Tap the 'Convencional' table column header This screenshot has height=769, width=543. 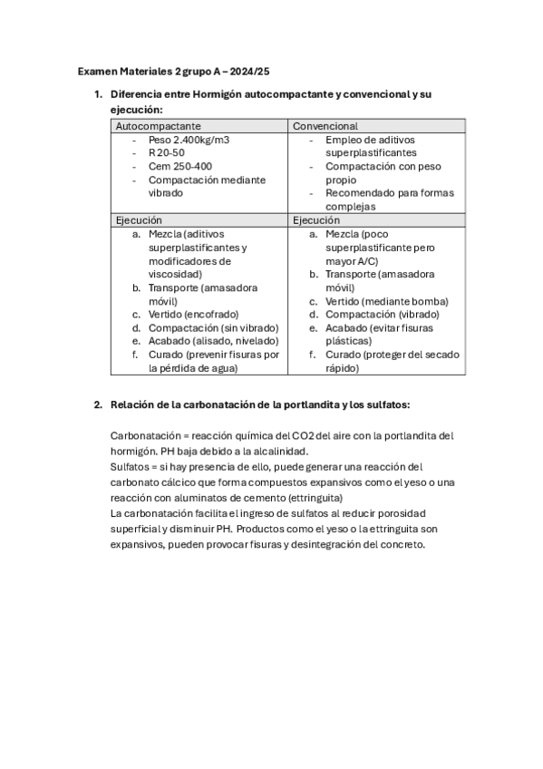coord(325,126)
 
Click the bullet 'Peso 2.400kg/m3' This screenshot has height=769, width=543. coord(189,141)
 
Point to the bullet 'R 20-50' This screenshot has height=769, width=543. coord(166,153)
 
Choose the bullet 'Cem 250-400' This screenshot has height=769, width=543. coord(179,166)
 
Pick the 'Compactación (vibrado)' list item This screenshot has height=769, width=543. coord(379,314)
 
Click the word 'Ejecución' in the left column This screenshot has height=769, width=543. coord(138,219)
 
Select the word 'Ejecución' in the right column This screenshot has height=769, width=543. coord(315,219)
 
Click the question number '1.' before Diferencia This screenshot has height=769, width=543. coord(99,95)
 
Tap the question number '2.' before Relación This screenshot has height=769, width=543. coord(99,404)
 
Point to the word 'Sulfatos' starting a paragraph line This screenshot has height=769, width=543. coord(131,465)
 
